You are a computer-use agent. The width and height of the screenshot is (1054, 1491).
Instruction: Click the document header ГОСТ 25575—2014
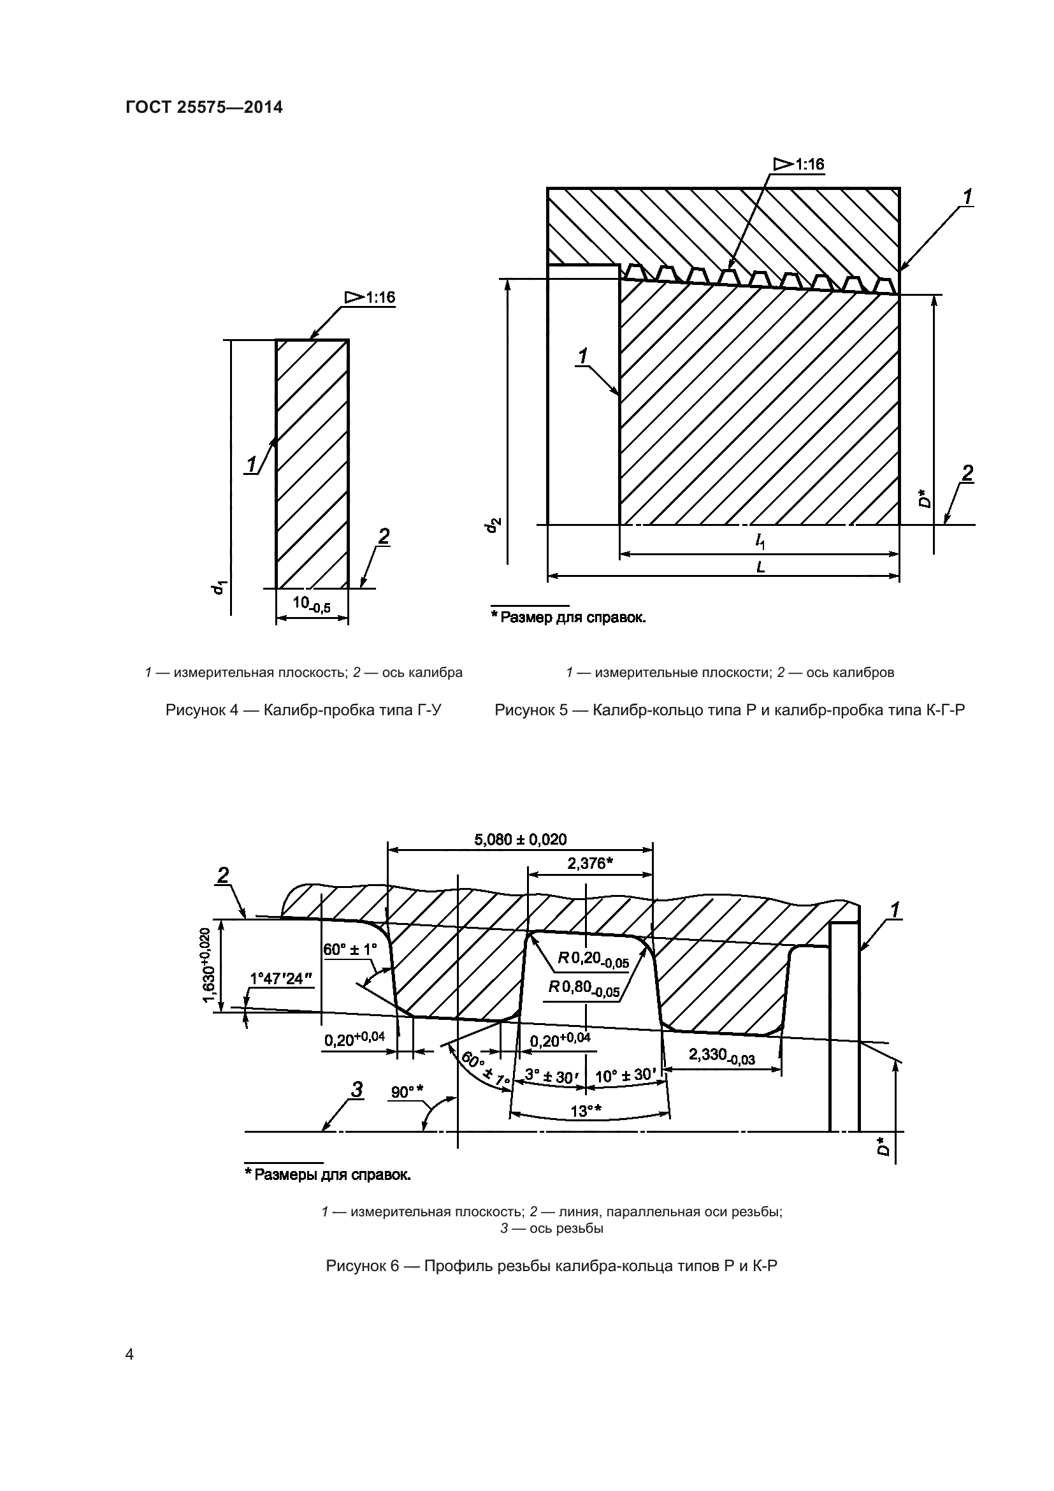pyautogui.click(x=204, y=107)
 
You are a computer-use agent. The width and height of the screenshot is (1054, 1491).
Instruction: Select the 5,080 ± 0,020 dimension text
pyautogui.click(x=521, y=840)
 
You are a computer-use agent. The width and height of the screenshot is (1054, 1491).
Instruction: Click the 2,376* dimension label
pyautogui.click(x=590, y=863)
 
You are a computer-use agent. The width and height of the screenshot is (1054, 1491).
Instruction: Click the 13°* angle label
pyautogui.click(x=586, y=1111)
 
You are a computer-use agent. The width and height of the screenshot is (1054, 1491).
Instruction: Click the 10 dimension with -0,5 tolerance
pyautogui.click(x=311, y=603)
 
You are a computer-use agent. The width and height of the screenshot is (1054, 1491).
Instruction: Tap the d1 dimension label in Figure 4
pyautogui.click(x=220, y=587)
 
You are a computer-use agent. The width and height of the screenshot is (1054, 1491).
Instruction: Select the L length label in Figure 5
pyautogui.click(x=760, y=566)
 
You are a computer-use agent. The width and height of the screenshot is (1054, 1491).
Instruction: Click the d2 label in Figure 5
pyautogui.click(x=494, y=525)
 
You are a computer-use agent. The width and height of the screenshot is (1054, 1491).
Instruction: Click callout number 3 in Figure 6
pyautogui.click(x=356, y=1089)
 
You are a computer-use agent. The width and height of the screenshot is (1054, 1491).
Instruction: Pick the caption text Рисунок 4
pyautogui.click(x=303, y=709)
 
